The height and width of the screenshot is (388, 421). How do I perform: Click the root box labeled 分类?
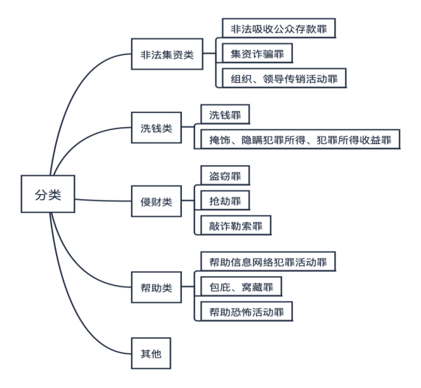click(48, 194)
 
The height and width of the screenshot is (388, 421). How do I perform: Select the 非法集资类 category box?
click(167, 54)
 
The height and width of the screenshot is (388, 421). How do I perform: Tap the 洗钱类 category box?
click(156, 128)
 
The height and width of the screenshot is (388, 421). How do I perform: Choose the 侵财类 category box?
click(156, 201)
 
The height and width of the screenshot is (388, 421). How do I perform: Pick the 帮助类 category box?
click(156, 287)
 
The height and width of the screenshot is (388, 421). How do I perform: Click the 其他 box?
click(151, 353)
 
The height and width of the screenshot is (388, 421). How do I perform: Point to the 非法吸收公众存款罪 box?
click(279, 28)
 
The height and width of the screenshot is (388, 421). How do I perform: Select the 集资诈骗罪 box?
click(257, 53)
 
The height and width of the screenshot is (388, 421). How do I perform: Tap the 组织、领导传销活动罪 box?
click(284, 78)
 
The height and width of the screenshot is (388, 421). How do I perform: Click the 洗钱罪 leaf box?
click(225, 115)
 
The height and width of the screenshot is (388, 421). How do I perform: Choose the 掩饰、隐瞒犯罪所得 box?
click(300, 139)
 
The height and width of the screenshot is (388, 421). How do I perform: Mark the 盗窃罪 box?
click(225, 176)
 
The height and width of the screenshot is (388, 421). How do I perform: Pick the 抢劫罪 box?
click(225, 201)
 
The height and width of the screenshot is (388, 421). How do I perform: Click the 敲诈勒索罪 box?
click(236, 226)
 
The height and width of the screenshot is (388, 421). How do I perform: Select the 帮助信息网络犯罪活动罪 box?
click(268, 262)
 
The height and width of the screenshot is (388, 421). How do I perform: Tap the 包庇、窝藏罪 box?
click(241, 287)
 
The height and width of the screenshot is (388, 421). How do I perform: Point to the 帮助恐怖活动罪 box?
click(247, 312)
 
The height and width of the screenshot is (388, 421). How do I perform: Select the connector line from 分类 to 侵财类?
click(103, 201)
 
